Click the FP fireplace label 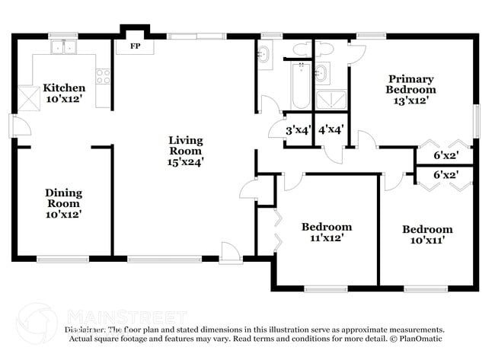[136, 46]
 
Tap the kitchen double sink [63, 47]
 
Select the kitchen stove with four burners [102, 76]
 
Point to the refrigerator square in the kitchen [30, 97]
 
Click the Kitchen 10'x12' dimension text [64, 98]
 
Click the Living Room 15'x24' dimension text [186, 161]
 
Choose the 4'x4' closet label [331, 130]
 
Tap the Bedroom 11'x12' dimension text [327, 237]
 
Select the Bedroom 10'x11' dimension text [427, 240]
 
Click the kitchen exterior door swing [18, 125]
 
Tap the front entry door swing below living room [228, 251]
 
